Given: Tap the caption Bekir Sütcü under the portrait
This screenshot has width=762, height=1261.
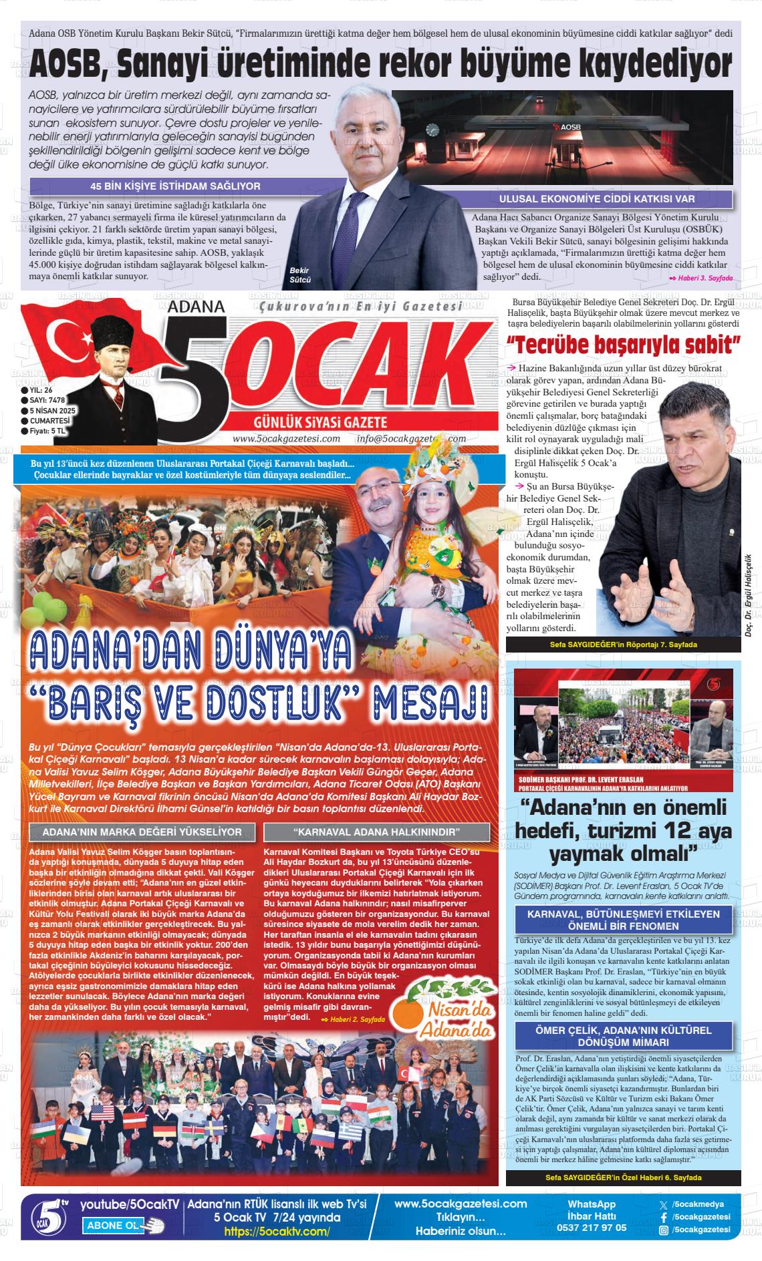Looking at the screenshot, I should tap(300, 275).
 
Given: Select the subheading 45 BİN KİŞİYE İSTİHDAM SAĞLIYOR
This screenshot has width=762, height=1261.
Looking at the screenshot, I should tap(175, 186).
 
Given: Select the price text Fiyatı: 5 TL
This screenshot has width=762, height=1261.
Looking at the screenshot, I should tap(47, 431).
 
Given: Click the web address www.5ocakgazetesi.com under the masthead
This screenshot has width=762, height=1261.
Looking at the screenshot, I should tap(286, 439).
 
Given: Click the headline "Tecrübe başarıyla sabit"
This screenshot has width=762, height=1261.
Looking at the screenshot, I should tap(624, 346).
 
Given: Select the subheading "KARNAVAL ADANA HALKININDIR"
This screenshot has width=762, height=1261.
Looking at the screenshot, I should tap(376, 832).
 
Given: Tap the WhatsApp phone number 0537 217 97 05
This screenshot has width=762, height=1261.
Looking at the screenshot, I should tap(592, 1228).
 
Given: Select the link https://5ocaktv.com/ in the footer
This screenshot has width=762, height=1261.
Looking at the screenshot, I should tap(277, 1232).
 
